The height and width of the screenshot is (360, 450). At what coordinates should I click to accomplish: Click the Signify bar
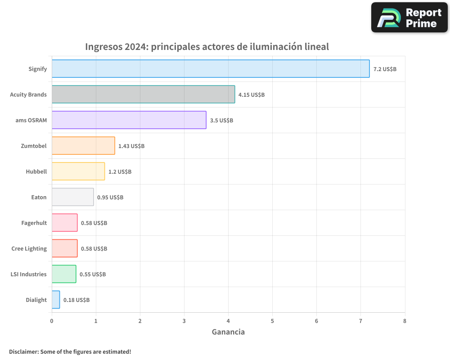coord(211,69)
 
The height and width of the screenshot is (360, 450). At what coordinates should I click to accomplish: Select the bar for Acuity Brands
coord(143,94)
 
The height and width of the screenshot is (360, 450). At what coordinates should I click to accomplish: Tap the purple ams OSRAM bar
coord(129,120)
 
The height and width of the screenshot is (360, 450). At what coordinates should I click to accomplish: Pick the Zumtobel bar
coord(83,146)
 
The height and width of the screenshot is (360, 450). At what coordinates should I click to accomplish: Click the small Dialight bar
coord(56,300)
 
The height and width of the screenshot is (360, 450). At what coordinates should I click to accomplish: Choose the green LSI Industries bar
coord(64,274)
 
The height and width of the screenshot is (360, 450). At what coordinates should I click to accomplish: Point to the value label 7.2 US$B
coord(385,69)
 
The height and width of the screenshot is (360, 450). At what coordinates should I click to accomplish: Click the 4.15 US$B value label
coord(252,95)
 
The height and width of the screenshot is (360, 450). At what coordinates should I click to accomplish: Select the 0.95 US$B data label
coord(110,198)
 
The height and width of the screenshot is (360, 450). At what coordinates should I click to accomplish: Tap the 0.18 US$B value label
coord(76,300)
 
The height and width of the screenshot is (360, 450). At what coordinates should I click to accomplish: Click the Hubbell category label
coord(36,171)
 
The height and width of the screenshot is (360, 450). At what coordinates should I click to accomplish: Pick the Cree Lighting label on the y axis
coord(29,248)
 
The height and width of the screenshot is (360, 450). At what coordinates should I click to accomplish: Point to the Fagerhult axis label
coord(34,223)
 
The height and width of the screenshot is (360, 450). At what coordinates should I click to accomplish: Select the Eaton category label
coord(39,197)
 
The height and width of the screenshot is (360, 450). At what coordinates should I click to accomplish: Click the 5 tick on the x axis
coord(272,321)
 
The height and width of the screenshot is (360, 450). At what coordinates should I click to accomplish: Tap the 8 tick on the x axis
coord(405,321)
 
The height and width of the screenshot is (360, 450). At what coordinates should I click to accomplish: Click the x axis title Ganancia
coord(228,332)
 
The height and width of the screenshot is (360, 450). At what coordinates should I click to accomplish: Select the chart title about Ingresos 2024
coord(207,47)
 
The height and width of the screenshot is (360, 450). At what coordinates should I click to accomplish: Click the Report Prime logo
coord(409,18)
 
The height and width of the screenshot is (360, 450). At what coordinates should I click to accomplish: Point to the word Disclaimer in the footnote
coord(23,351)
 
